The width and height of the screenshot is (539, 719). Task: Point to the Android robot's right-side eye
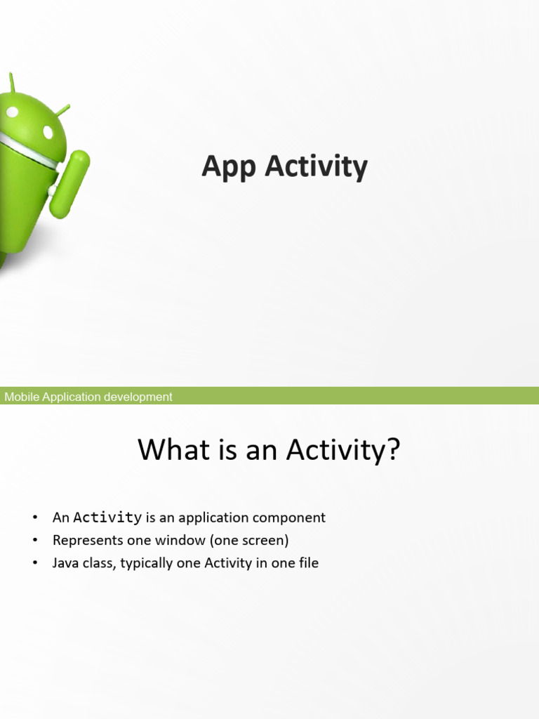pyautogui.click(x=48, y=132)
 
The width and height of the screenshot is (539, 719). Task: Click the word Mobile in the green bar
pyautogui.click(x=22, y=397)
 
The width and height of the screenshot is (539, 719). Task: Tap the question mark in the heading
pyautogui.click(x=392, y=449)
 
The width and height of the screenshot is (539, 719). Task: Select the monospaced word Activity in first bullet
pyautogui.click(x=107, y=518)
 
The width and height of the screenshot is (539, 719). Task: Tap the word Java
pyautogui.click(x=66, y=563)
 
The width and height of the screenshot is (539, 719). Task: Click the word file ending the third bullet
pyautogui.click(x=306, y=563)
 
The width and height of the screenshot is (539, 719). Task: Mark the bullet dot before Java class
pyautogui.click(x=34, y=564)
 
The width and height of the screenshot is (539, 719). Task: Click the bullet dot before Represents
pyautogui.click(x=34, y=541)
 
